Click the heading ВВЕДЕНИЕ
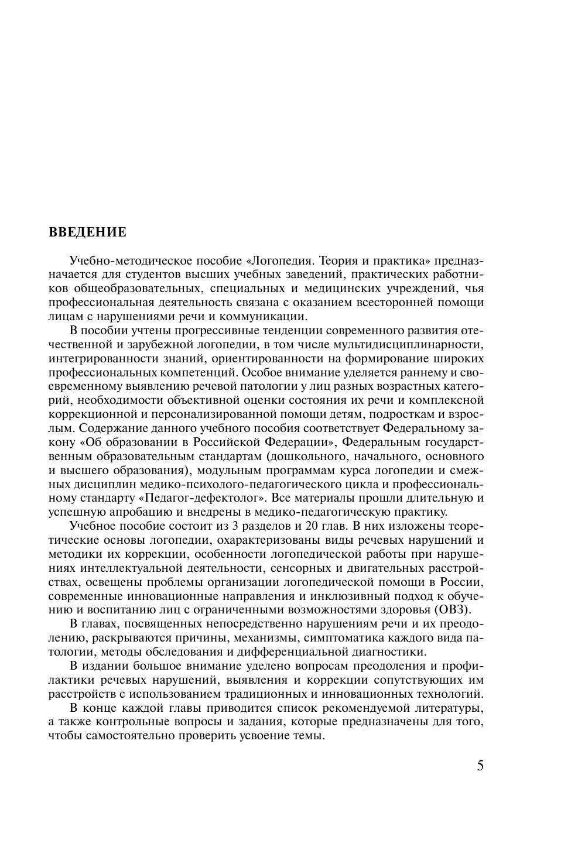(87, 232)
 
